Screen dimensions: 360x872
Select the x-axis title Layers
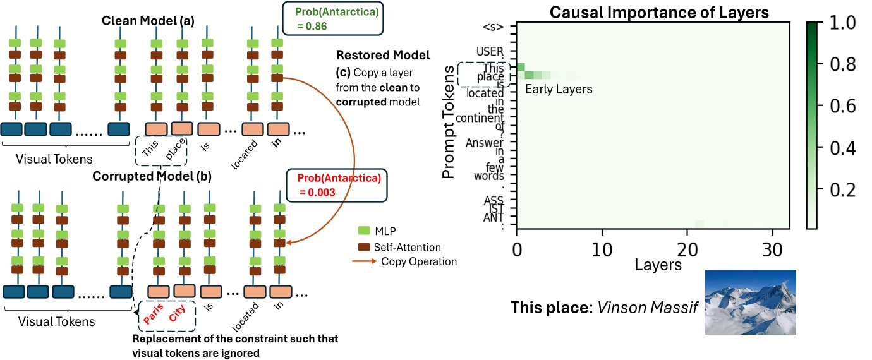(658, 264)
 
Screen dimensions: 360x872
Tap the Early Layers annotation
(559, 90)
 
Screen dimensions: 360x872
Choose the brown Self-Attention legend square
(363, 247)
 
